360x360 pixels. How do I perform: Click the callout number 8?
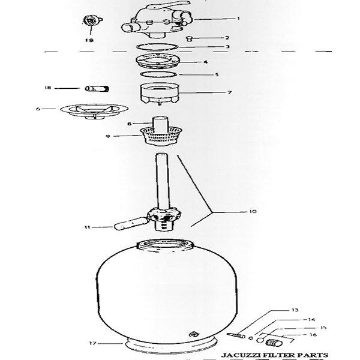click(x=128, y=124)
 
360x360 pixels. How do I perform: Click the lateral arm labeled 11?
click(x=124, y=225)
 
